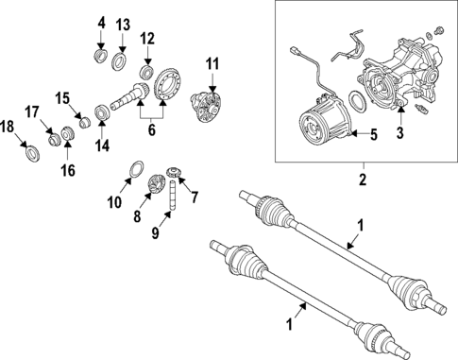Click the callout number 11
[x=212, y=64]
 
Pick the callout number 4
[x=102, y=23]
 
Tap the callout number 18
[x=8, y=127]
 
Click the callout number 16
[x=67, y=170]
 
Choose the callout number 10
[x=113, y=201]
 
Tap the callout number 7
[x=195, y=197]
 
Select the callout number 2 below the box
[x=362, y=178]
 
